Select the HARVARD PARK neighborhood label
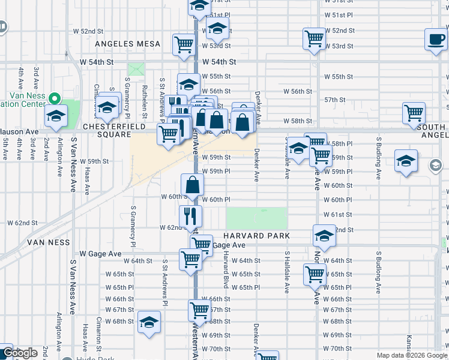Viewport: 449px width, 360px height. coord(258,236)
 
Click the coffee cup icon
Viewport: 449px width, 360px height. coord(435,40)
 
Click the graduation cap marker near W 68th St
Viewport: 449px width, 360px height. coord(149,322)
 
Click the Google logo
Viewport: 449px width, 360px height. coord(20,353)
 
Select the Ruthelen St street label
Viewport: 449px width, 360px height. coord(145,91)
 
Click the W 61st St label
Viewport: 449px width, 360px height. coord(337,214)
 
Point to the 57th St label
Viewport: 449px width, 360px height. coord(334,100)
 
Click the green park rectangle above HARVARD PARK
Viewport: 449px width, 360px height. coord(257,217)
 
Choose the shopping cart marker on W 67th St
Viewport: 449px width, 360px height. coord(199,310)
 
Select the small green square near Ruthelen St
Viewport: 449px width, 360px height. coord(136,69)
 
